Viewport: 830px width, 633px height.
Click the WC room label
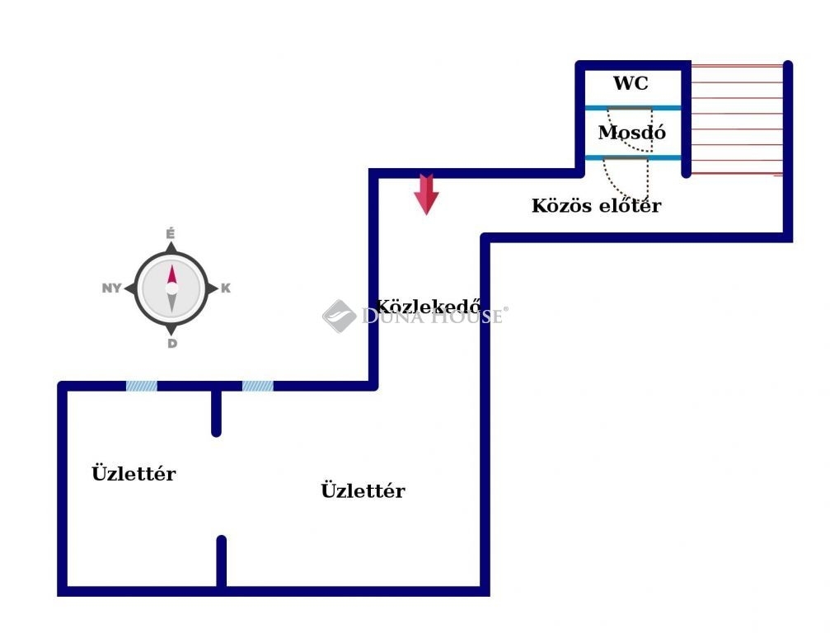(631, 83)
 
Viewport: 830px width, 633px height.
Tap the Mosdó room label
(632, 133)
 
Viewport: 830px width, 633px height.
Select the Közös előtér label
(596, 206)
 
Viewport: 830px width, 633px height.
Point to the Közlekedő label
(429, 304)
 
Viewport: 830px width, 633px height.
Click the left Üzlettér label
(134, 474)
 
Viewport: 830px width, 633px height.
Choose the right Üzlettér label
(363, 491)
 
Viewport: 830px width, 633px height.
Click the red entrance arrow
(426, 194)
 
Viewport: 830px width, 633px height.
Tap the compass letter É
(171, 234)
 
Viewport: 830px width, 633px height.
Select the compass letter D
(171, 344)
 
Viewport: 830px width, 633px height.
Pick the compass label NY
(111, 288)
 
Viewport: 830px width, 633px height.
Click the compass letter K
(226, 288)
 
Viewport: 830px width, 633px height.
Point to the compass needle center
(171, 288)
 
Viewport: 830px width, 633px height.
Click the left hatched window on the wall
(141, 385)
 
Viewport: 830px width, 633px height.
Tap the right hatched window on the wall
(257, 385)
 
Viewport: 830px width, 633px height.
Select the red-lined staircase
(736, 120)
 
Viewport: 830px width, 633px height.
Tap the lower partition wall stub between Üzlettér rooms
(221, 562)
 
